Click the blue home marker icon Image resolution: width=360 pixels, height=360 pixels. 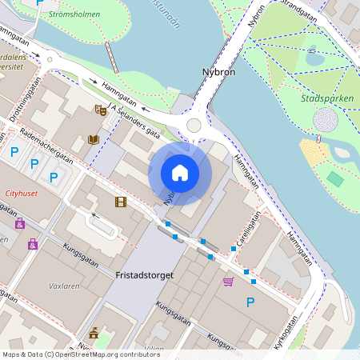pyautogui.click(x=180, y=173)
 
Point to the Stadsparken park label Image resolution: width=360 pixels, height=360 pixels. pyautogui.click(x=326, y=99)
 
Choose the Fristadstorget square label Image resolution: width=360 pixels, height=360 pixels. pyautogui.click(x=144, y=275)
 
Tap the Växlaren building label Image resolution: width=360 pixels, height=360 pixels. pyautogui.click(x=64, y=285)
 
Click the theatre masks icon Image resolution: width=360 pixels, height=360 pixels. pyautogui.click(x=100, y=110)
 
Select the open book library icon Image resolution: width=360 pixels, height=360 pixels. pyautogui.click(x=94, y=140)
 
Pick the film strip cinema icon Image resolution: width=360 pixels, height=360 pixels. pyautogui.click(x=120, y=202)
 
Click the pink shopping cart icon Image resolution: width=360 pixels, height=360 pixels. pyautogui.click(x=229, y=281)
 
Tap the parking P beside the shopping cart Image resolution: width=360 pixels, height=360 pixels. pyautogui.click(x=250, y=302)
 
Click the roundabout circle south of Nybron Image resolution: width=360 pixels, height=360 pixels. pyautogui.click(x=194, y=126)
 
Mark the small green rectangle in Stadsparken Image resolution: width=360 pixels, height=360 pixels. pyautogui.click(x=335, y=179)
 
